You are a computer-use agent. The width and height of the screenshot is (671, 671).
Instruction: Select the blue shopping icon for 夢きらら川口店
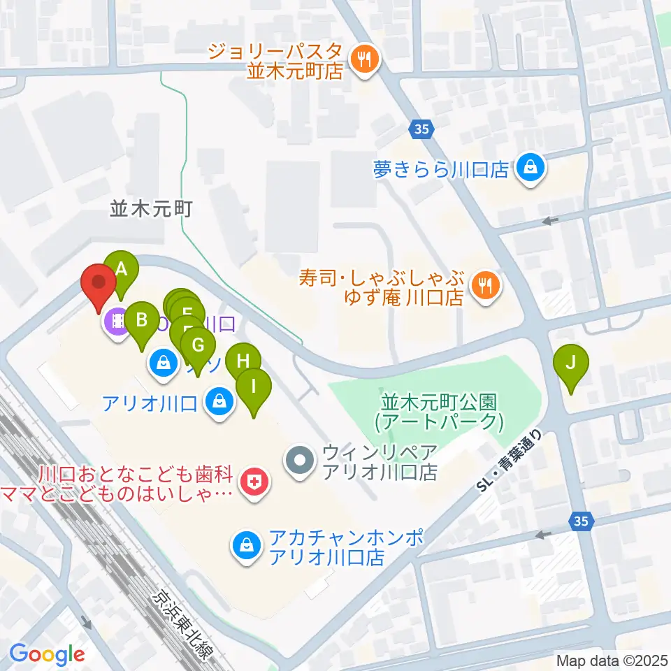tap(531, 168)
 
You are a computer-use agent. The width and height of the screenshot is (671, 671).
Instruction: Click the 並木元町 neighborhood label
tap(150, 208)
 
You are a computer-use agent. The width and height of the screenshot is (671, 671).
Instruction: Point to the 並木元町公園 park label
tap(438, 412)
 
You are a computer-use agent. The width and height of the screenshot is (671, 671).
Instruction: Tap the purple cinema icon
tap(116, 322)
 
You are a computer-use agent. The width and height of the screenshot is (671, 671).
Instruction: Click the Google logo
tap(48, 654)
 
